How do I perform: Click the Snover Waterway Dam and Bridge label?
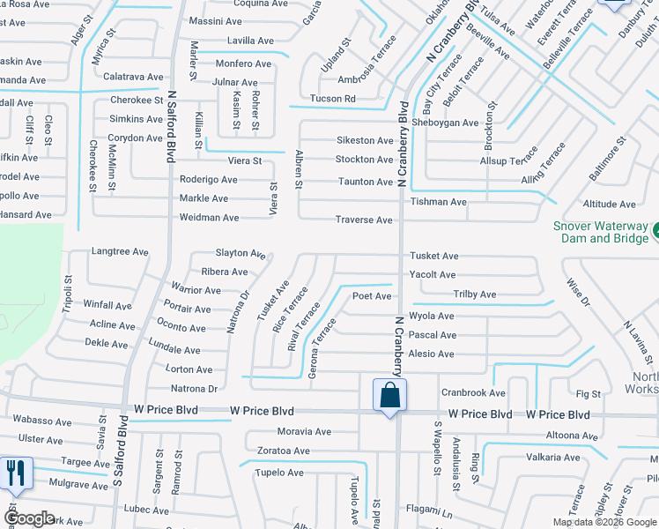(x=600, y=232)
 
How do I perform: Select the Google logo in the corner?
(x=29, y=518)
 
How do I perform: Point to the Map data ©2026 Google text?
(x=604, y=522)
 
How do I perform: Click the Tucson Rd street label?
(x=332, y=99)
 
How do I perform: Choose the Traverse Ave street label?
(x=363, y=220)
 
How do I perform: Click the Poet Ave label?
(x=372, y=296)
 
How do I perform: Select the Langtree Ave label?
(x=120, y=252)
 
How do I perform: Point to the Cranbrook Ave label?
(x=473, y=392)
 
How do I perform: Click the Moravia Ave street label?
(x=304, y=432)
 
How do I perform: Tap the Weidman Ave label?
(x=209, y=218)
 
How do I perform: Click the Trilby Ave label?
(x=474, y=294)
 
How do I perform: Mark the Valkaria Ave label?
(x=552, y=457)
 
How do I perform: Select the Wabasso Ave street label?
(x=42, y=421)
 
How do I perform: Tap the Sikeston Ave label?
(x=365, y=140)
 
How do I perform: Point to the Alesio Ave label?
(x=431, y=354)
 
